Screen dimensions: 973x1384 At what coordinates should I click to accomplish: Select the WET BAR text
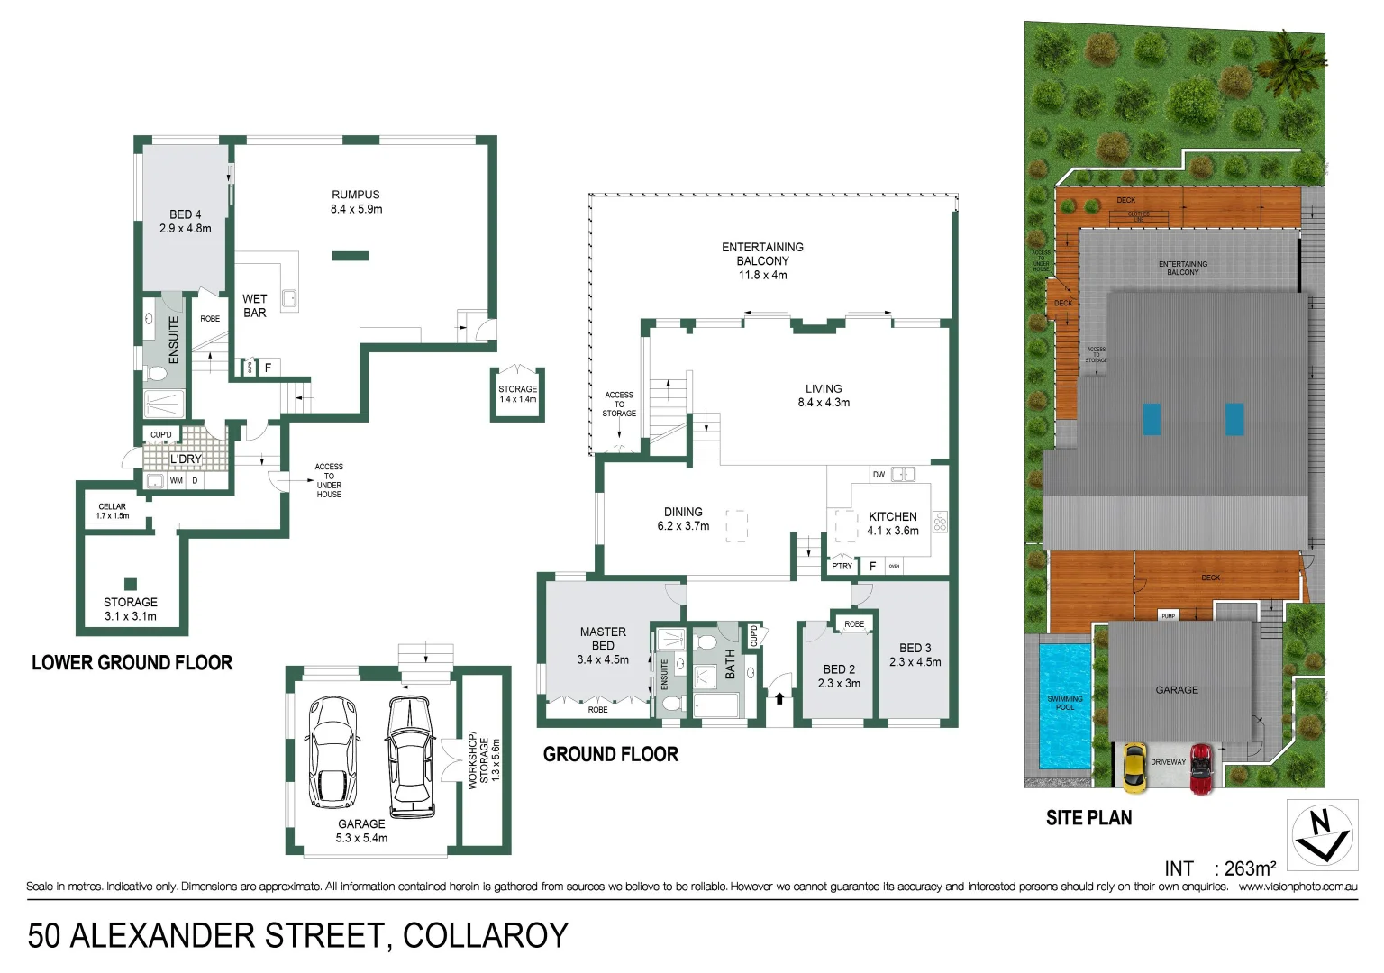tap(255, 305)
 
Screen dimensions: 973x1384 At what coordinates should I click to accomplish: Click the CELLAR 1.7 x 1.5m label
tap(113, 511)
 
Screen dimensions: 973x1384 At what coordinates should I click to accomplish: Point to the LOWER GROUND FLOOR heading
tap(132, 663)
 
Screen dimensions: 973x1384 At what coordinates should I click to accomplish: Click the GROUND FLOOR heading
tap(610, 755)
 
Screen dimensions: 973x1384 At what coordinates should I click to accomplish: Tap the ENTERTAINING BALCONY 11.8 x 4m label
tap(762, 260)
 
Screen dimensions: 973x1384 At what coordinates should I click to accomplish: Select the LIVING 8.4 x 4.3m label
tap(824, 396)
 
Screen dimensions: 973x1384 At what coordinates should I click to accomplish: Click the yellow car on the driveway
tap(1134, 767)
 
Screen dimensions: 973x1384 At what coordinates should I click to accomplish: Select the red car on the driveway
tap(1201, 768)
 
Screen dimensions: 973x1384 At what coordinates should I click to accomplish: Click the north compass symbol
tap(1321, 835)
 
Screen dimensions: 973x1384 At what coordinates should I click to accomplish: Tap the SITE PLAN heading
tap(1088, 818)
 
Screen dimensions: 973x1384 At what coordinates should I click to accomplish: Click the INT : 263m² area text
tap(1219, 868)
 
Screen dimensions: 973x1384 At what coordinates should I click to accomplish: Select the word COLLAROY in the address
tap(486, 936)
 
